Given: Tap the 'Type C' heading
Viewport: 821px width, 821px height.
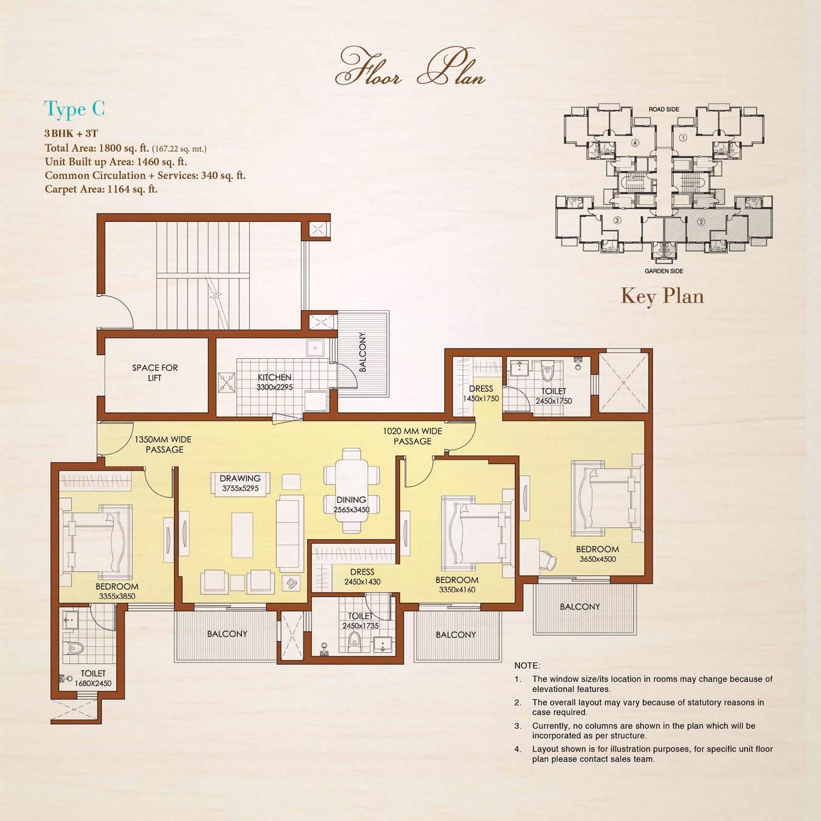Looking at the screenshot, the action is coord(75,109).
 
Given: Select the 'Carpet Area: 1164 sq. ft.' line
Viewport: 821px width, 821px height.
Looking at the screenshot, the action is coord(101,189).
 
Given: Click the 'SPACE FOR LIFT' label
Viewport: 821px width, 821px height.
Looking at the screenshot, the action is coord(154,373).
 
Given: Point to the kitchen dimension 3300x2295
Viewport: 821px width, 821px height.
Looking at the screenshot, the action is coord(274,387).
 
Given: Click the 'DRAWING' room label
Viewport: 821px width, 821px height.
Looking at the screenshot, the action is coord(240,479).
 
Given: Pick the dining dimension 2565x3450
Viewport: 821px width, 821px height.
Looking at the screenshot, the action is coord(352,510).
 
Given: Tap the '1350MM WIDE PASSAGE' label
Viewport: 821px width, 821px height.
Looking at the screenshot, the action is coord(163,445).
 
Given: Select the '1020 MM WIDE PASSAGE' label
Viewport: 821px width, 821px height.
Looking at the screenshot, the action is coord(412,436).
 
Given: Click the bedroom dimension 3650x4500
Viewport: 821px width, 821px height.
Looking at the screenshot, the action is coord(597,559).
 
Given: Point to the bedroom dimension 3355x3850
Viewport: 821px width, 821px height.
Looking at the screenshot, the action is coord(117,596).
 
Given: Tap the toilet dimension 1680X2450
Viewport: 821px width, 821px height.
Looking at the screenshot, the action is coord(93,684).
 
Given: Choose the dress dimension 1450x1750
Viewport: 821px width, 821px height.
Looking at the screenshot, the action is coord(481,399).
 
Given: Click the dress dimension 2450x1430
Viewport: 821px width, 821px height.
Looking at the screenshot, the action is coord(362,581).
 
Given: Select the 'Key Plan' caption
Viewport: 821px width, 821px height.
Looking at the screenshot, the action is coord(662,296).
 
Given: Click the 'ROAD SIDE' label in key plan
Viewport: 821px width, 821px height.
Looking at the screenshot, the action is coord(663,109).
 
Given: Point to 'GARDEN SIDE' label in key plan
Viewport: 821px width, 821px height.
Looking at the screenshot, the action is coord(663,271).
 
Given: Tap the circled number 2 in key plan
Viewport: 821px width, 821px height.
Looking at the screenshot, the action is coord(701,221).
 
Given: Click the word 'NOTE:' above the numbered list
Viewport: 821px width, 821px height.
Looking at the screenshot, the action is coord(527,665).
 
